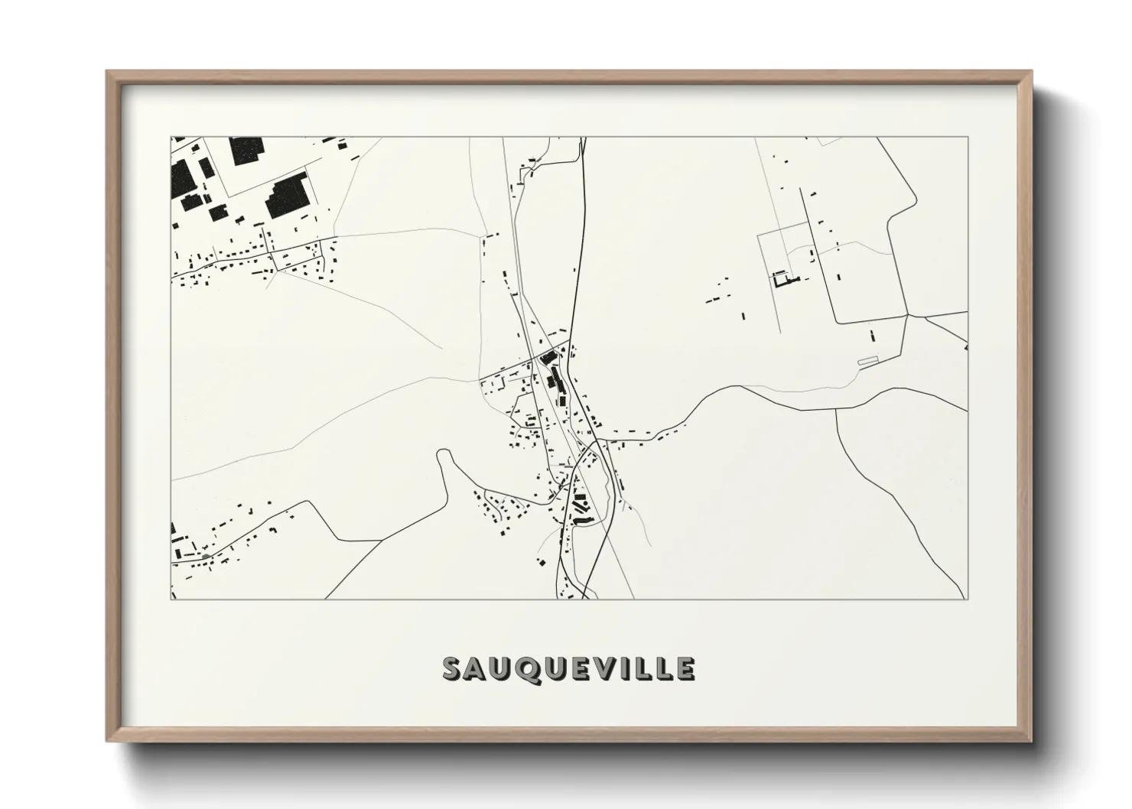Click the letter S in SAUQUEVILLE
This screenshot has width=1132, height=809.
click(x=453, y=668)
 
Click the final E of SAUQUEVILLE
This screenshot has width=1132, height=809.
click(x=685, y=668)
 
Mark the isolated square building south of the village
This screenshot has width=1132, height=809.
click(x=542, y=563)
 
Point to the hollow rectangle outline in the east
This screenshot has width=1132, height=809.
click(x=868, y=360)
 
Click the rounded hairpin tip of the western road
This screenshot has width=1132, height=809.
click(x=443, y=453)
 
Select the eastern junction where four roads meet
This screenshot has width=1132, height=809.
click(x=907, y=315)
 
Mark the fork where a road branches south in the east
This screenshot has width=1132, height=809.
click(x=837, y=409)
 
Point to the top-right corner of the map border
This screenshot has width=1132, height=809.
click(x=968, y=137)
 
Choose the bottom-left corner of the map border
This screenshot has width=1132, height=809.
click(x=171, y=599)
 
